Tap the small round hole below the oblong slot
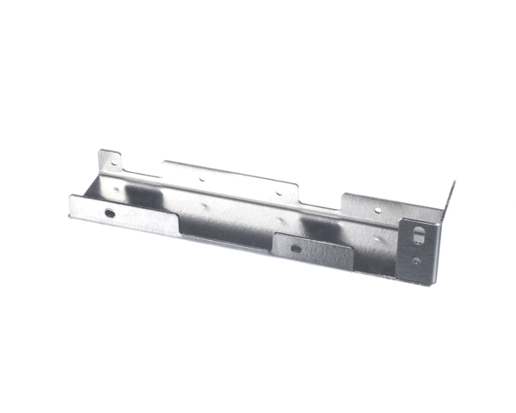tap(417, 260)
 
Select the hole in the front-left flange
tap(109, 212)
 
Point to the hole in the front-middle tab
tap(296, 250)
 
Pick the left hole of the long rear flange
tap(203, 180)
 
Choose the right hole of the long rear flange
tap(277, 194)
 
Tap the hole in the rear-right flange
tap(377, 208)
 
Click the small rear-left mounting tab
tap(109, 163)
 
